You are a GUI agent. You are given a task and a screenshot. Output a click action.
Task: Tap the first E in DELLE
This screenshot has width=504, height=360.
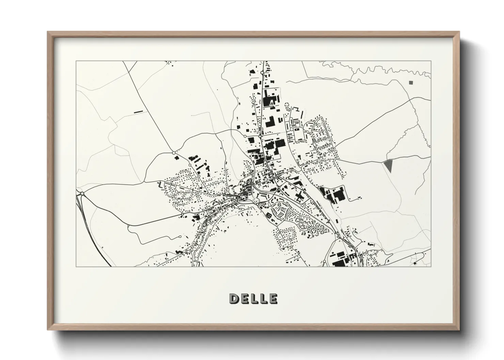pyautogui.click(x=244, y=299)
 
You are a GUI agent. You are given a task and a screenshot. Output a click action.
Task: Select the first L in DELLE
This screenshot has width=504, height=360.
pyautogui.click(x=254, y=299)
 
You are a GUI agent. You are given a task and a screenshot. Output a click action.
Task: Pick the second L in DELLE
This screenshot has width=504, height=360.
pyautogui.click(x=263, y=299)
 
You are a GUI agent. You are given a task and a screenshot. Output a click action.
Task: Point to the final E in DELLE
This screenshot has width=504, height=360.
pyautogui.click(x=273, y=299)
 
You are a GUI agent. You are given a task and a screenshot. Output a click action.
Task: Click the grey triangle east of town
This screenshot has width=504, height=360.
pyautogui.click(x=388, y=165)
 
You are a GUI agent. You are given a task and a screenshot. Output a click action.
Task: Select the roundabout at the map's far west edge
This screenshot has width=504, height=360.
pyautogui.click(x=82, y=194)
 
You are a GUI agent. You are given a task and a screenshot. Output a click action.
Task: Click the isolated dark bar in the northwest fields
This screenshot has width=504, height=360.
pyautogui.click(x=138, y=111)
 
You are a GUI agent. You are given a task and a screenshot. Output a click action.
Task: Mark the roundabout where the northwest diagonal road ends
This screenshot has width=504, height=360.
pyautogui.click(x=174, y=153)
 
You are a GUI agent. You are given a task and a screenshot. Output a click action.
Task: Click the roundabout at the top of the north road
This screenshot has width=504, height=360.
pyautogui.click(x=262, y=72)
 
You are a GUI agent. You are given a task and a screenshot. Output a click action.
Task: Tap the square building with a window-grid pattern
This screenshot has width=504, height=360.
pyautogui.click(x=268, y=215)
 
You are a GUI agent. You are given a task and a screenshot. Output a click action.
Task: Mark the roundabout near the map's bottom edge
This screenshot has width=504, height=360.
pyautogui.click(x=324, y=261)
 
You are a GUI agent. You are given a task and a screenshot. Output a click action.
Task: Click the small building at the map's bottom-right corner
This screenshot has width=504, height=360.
pyautogui.click(x=415, y=263)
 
